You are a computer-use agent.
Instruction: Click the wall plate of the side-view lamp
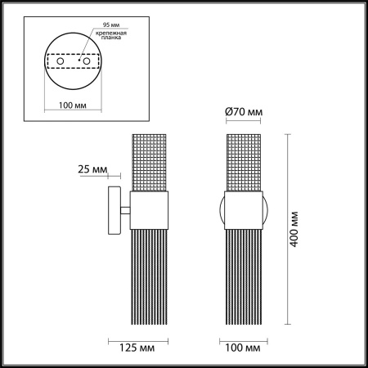[x=114, y=212]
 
